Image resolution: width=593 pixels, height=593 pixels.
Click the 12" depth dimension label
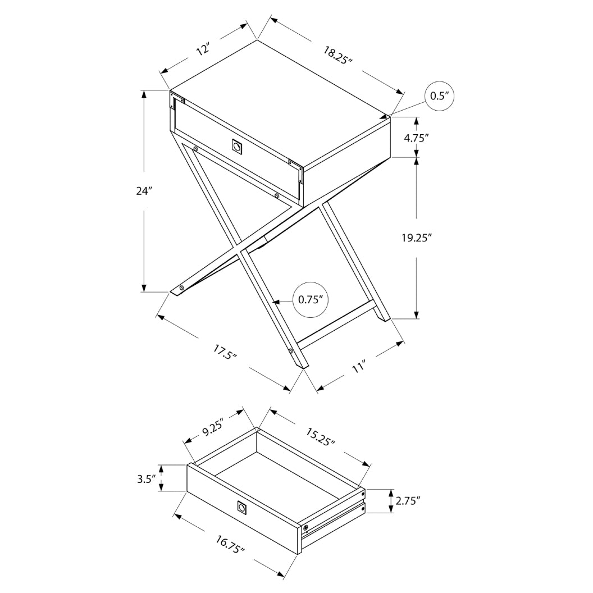point(203,49)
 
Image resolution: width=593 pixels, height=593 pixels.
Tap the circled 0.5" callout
point(441,96)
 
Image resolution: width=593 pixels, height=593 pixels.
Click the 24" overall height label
point(144,191)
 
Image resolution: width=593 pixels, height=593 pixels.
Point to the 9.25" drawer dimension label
point(213,428)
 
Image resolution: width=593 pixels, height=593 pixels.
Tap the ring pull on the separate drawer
point(242,507)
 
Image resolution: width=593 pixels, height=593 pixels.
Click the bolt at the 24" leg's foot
point(181,288)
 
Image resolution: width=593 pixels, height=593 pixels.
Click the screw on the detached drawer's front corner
point(305,528)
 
